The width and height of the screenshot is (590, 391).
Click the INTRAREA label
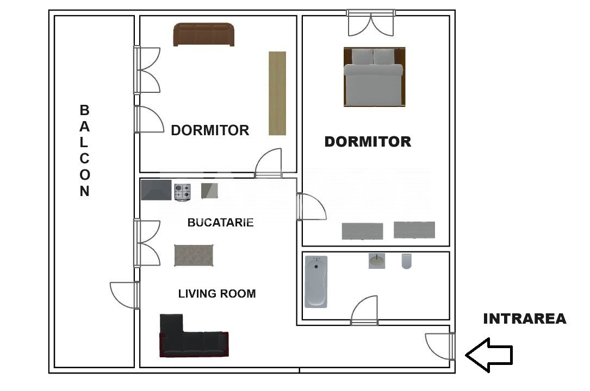(525, 319)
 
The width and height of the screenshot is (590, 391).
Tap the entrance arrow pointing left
(489, 355)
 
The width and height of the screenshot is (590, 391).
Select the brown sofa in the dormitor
(203, 35)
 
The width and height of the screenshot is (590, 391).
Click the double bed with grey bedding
(375, 77)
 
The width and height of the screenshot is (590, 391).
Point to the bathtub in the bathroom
(316, 282)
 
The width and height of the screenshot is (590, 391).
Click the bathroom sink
(377, 261)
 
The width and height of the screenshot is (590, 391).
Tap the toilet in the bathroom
(406, 261)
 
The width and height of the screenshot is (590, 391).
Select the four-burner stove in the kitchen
(183, 192)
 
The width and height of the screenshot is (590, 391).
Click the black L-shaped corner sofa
(194, 336)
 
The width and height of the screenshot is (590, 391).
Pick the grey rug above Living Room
(194, 255)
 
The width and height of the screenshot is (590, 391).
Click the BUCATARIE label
(220, 222)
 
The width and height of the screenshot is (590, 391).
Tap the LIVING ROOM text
(217, 293)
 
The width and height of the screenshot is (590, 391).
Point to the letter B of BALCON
(84, 110)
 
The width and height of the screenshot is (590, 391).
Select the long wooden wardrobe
(277, 93)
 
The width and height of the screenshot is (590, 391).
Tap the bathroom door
(364, 310)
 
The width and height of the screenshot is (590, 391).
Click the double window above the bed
(371, 23)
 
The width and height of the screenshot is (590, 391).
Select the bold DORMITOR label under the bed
(368, 142)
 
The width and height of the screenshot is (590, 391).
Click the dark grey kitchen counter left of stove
(156, 190)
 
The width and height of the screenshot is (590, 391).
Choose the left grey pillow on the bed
(362, 56)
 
